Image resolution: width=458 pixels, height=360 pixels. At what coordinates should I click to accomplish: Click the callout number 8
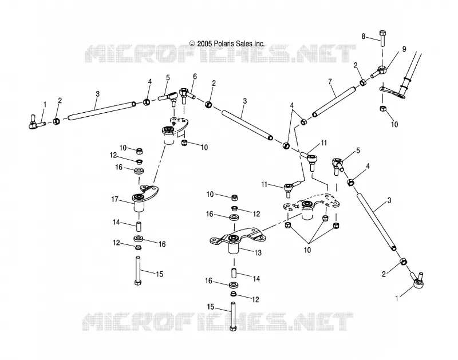point(364,37)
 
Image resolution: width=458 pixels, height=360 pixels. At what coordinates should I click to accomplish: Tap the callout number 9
point(404,49)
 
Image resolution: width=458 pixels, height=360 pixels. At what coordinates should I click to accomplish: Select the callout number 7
point(330,81)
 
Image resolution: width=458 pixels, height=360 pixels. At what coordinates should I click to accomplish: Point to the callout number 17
point(114,199)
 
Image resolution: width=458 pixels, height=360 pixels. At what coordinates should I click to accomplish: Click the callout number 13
point(258,252)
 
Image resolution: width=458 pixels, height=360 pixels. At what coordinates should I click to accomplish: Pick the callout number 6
point(195,77)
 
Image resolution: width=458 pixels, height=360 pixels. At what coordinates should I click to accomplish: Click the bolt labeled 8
point(382,38)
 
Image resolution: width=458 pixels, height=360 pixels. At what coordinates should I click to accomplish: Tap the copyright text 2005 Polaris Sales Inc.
point(227,44)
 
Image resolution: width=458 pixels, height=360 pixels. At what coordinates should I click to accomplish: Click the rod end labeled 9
point(380,71)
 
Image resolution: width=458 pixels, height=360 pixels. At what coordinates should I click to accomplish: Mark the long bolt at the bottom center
point(233,317)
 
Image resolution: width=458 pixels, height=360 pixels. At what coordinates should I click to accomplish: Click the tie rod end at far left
point(35,124)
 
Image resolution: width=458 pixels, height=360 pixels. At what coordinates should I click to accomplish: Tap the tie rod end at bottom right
point(417,279)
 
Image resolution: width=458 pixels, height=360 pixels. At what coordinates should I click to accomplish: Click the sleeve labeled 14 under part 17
point(139,226)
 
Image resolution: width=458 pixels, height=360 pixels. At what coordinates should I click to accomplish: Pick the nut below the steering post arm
point(383,109)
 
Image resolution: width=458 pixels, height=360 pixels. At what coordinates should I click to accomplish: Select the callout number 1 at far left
point(45,105)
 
